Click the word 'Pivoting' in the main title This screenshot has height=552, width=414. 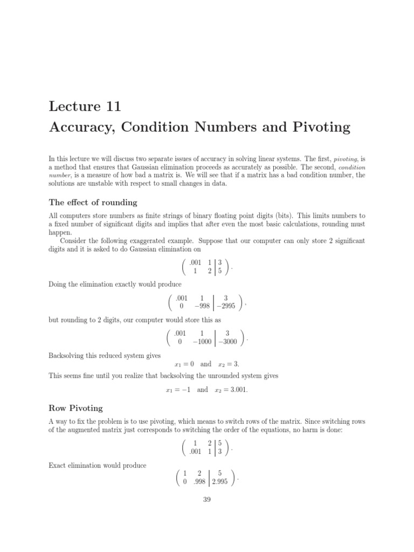pyautogui.click(x=321, y=128)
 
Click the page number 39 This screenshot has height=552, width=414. pyautogui.click(x=206, y=499)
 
